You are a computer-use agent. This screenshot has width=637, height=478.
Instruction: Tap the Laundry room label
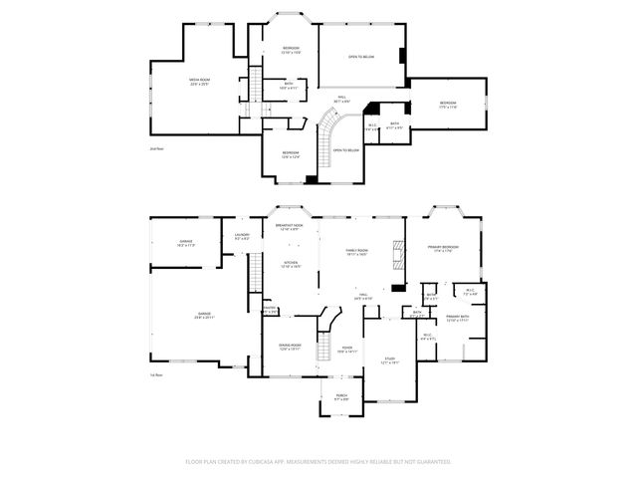242,236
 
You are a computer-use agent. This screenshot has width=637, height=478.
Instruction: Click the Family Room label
357,252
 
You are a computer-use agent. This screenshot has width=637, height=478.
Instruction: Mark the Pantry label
269,311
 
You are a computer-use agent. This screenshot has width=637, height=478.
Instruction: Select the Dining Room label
290,348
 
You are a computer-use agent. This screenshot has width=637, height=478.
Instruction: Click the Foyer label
345,349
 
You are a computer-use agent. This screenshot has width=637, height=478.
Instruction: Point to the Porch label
341,396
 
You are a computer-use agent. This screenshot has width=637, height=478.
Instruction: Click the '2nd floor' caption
156,146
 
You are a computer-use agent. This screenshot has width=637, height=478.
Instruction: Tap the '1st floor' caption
156,374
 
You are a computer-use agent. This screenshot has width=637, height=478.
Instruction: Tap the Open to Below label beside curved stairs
344,149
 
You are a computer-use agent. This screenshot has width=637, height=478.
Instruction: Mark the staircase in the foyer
321,339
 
